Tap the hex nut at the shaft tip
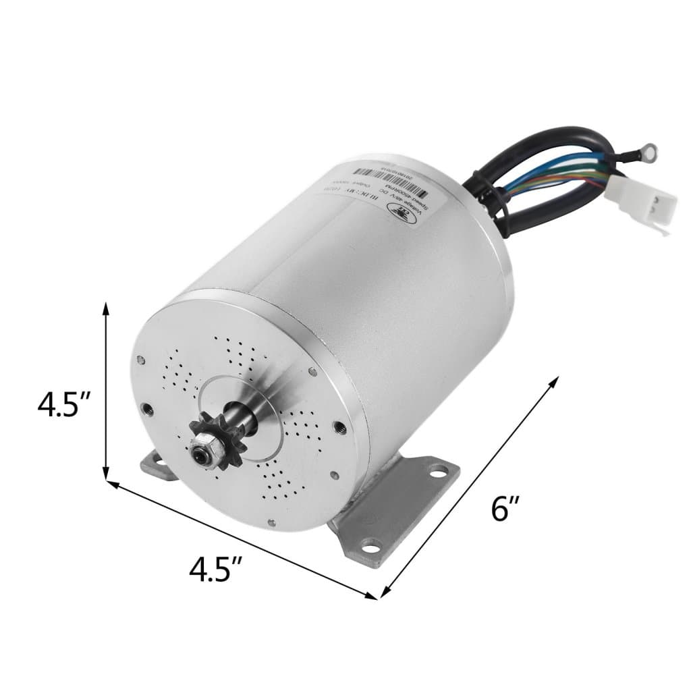pos(200,452)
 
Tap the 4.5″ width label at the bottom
pos(217,570)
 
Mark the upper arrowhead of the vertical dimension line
pos(106,309)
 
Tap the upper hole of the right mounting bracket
pos(438,466)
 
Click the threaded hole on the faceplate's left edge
pos(146,408)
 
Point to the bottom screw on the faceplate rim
pos(270,520)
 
